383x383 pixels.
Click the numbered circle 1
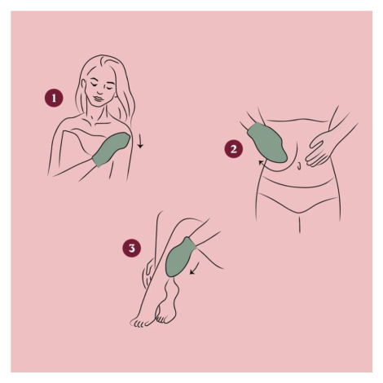(54, 98)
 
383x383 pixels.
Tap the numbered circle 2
(234, 149)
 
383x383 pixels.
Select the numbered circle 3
(132, 248)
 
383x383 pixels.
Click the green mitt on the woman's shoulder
(112, 149)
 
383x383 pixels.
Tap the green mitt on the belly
(267, 143)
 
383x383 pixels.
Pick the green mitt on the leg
(180, 258)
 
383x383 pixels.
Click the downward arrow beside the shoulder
(140, 141)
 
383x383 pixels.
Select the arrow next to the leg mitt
(195, 268)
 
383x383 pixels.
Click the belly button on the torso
(299, 165)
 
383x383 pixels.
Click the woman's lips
(98, 98)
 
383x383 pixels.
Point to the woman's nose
(99, 91)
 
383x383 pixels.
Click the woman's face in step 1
(99, 90)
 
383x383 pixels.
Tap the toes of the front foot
(139, 323)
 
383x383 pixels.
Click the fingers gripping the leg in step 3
(147, 272)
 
